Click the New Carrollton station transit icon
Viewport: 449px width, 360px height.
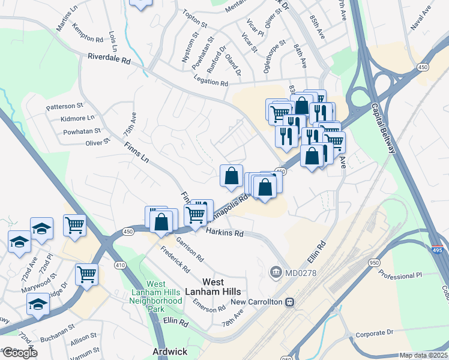point(289,302)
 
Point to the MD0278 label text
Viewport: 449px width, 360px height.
point(300,273)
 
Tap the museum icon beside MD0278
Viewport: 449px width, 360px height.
point(276,273)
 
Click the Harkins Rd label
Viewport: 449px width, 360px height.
point(224,232)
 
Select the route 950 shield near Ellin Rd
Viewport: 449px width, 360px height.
point(375,263)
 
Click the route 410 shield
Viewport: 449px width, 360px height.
point(120,263)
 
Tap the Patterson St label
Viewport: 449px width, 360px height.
point(65,106)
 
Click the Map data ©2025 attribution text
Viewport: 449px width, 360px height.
point(423,355)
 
